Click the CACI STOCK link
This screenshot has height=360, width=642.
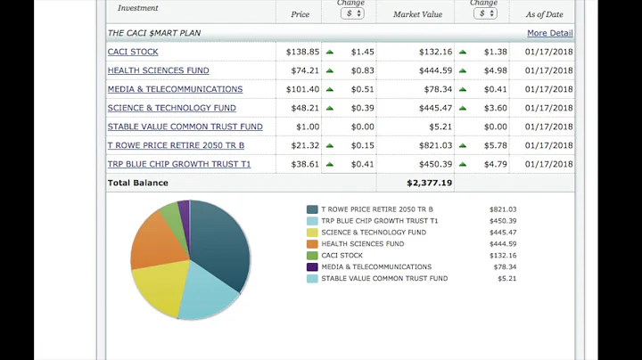point(133,52)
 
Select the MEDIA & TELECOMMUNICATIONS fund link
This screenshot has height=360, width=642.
point(175,89)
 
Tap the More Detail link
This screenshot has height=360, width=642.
point(549,33)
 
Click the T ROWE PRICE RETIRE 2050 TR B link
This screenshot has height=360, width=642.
point(176,145)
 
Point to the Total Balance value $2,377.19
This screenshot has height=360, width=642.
point(429,183)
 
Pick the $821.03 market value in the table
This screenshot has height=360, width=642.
point(435,145)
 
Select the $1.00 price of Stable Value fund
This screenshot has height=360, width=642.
point(307,127)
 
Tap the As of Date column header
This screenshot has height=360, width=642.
point(543,14)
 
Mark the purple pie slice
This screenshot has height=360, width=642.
point(185,209)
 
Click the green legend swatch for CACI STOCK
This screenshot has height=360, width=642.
point(312,256)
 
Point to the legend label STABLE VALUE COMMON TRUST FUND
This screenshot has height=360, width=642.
point(384,279)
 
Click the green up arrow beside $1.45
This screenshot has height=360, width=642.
point(329,52)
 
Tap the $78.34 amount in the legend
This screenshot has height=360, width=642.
point(503,267)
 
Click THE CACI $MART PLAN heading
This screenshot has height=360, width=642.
point(154,33)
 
